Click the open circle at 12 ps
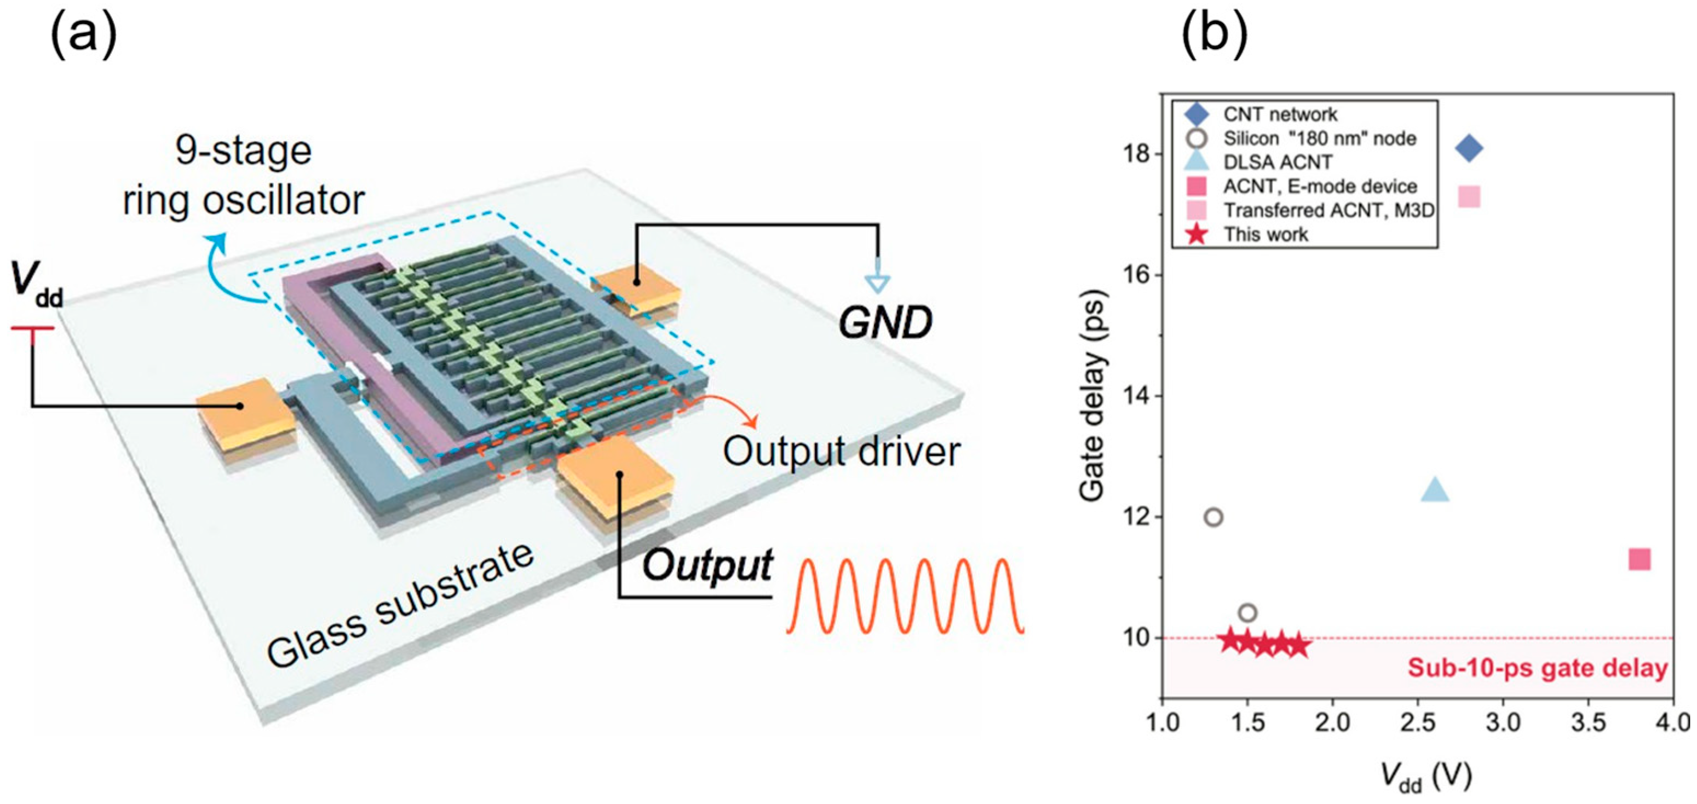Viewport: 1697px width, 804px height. tap(1213, 518)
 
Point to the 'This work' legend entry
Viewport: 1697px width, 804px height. tap(1265, 234)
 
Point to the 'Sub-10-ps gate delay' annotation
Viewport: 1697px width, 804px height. tap(1538, 669)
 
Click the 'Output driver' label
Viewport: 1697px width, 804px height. tap(841, 452)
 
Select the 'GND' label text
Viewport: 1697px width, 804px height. tap(884, 323)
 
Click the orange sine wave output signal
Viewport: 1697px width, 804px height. tap(905, 597)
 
